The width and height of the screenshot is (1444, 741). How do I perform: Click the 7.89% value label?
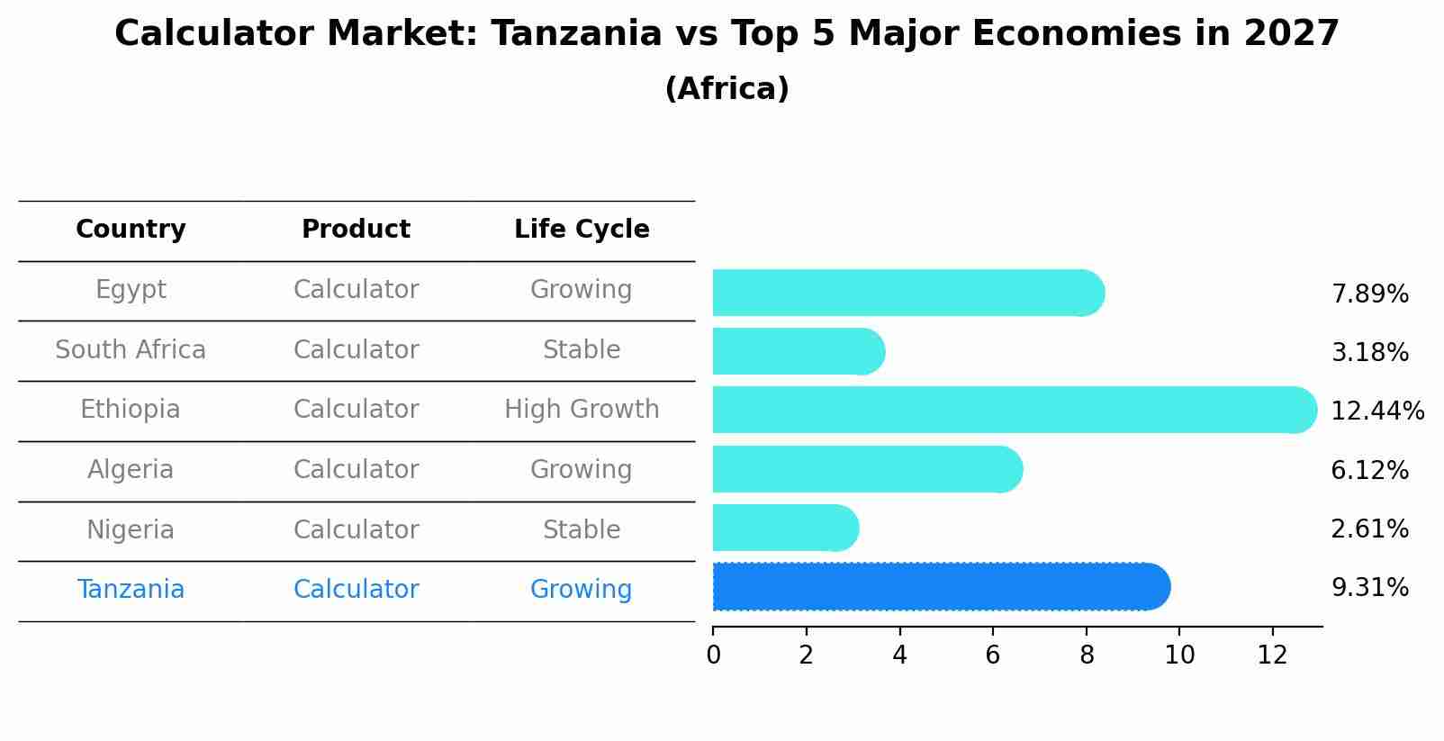1369,294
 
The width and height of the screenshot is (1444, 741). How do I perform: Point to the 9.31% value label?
1369,588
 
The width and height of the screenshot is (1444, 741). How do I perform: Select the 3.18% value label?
1369,353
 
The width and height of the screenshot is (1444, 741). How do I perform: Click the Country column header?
131,230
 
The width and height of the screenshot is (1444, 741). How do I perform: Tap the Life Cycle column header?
582,230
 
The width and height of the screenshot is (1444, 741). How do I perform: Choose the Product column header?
356,230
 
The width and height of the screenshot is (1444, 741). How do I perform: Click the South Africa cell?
131,350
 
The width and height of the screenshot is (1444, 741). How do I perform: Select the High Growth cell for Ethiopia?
582,410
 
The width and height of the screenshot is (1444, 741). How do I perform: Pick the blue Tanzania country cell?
131,590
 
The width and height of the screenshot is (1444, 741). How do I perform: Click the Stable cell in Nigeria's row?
582,530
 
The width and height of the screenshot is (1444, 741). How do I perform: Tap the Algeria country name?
131,470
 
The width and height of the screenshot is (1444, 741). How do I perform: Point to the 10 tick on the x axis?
1179,655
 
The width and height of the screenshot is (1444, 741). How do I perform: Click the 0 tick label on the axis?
713,655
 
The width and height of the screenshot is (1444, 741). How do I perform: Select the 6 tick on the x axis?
993,655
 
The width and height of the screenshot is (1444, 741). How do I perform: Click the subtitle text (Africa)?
727,89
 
